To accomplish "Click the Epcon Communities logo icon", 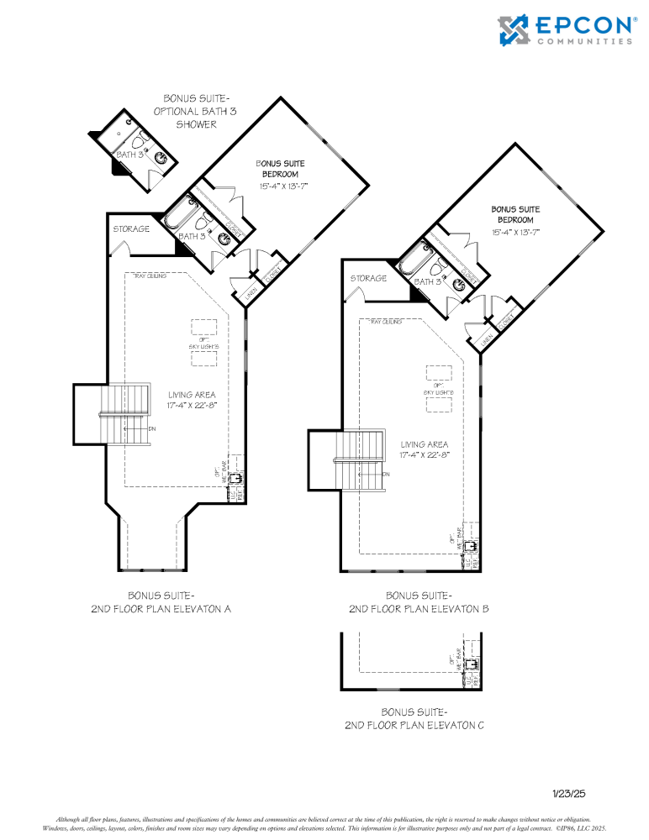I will [x=514, y=30].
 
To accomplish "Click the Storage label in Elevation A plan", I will [x=132, y=228].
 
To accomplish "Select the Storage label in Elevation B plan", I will [x=368, y=278].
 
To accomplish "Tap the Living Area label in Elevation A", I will [x=191, y=394].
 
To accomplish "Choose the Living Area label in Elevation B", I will [x=425, y=444].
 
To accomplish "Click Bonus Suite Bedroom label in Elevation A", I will [x=282, y=168].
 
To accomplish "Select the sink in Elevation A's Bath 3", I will [x=224, y=239].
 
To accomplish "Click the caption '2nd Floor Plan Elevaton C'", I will [x=414, y=724].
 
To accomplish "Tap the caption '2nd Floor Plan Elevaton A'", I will [x=161, y=607].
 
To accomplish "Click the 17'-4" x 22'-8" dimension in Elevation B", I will [x=425, y=454].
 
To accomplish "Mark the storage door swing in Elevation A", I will [x=120, y=249].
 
